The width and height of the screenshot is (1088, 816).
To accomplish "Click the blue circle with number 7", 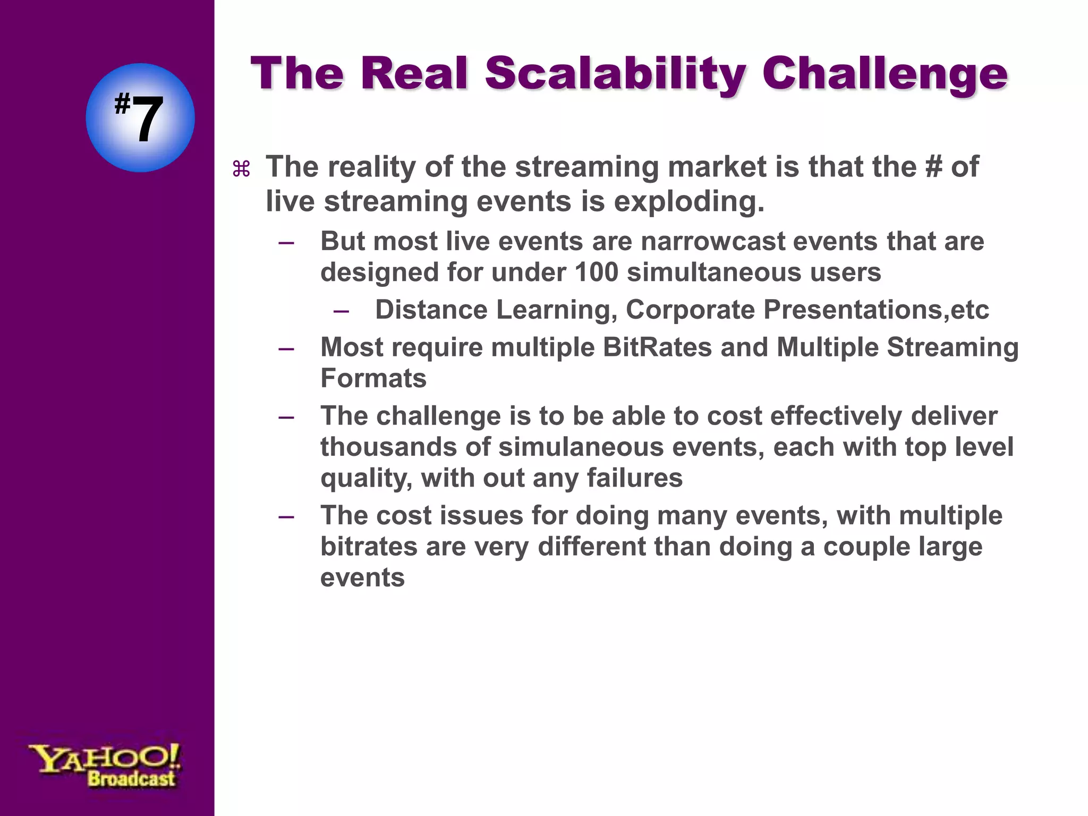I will click(x=140, y=118).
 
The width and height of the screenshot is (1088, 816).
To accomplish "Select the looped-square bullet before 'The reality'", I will click(x=241, y=169).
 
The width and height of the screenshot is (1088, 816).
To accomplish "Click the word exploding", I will click(x=689, y=201).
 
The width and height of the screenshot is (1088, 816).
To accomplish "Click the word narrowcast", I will click(x=713, y=241).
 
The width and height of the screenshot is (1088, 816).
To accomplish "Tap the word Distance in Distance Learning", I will click(x=431, y=310).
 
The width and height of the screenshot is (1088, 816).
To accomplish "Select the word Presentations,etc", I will click(x=876, y=310).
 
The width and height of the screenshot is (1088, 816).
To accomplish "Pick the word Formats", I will click(x=373, y=379).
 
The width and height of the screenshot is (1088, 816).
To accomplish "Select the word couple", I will click(x=860, y=547).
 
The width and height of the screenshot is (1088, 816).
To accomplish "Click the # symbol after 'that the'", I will click(x=933, y=167).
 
